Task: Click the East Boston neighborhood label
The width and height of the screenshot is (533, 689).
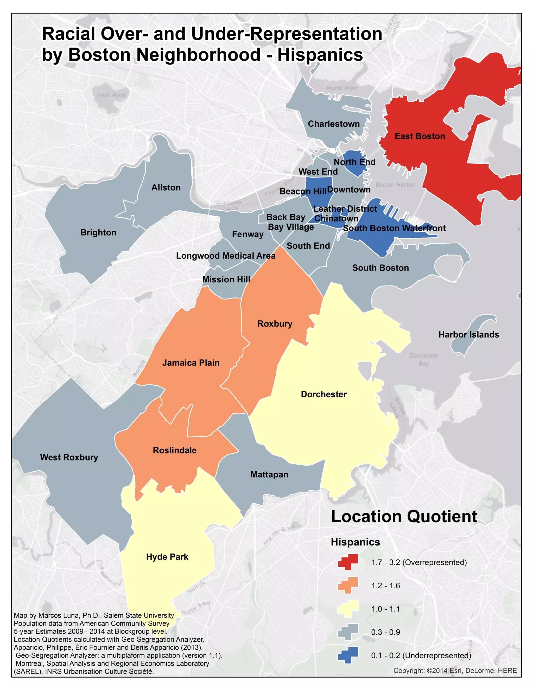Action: pos(420,136)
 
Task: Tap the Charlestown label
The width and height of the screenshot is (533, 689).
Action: pos(334,124)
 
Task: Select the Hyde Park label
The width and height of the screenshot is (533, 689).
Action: pos(167,557)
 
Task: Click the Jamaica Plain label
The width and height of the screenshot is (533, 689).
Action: pos(191,363)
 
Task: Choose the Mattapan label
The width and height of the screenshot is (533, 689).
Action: pos(269,474)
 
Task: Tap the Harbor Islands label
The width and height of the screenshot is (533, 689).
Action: pos(468,335)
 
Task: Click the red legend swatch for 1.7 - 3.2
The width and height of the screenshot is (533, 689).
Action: pos(348,562)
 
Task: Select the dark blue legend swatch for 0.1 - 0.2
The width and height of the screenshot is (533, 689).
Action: pos(348,655)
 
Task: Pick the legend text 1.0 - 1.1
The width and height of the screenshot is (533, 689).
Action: pos(385,609)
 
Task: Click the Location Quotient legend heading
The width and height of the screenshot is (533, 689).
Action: pos(404,517)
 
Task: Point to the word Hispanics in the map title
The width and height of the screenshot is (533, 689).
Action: pos(320,55)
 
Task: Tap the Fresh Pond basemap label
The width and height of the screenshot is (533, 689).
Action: pos(111,95)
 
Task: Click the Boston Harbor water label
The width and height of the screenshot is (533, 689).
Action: pos(395,185)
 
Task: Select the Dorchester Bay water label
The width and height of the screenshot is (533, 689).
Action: pos(424,359)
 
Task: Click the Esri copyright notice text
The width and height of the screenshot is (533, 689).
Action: pos(455,671)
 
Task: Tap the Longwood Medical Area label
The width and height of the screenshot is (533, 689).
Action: pos(225,256)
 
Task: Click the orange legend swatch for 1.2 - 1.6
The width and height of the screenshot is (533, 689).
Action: pos(348,585)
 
